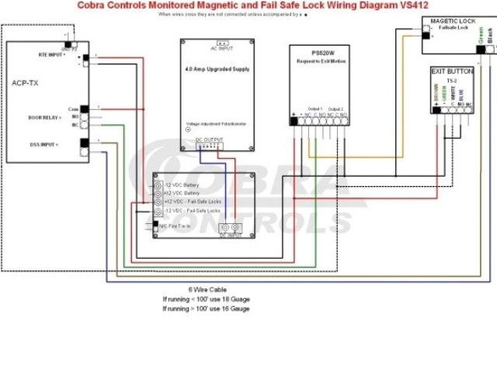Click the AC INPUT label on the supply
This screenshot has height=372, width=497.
click(x=222, y=49)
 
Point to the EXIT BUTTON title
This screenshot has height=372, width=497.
click(x=454, y=70)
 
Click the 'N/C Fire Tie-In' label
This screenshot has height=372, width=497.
click(x=178, y=225)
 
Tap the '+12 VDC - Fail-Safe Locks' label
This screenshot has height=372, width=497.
click(x=192, y=201)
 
